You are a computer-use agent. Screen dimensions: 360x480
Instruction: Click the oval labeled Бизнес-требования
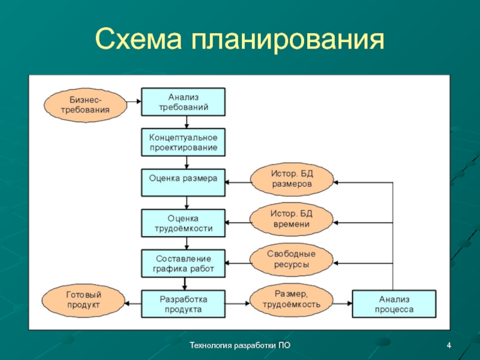point(85,104)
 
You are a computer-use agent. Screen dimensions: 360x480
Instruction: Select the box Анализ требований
point(183,102)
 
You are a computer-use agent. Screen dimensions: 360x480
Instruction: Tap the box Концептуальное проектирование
point(183,142)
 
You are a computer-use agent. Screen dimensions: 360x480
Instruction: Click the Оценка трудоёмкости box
point(183,222)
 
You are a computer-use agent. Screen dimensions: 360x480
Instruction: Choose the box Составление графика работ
point(183,262)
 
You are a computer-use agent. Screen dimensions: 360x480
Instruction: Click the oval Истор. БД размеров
point(291,179)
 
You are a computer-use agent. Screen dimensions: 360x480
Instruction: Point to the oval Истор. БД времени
point(291,220)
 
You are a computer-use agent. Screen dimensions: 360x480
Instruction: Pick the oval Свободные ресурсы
point(291,259)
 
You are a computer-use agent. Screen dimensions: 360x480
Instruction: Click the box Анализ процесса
point(394,304)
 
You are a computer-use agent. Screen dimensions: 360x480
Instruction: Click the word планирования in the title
point(287,40)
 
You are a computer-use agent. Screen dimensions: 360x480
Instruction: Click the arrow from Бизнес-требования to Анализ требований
point(134,103)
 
